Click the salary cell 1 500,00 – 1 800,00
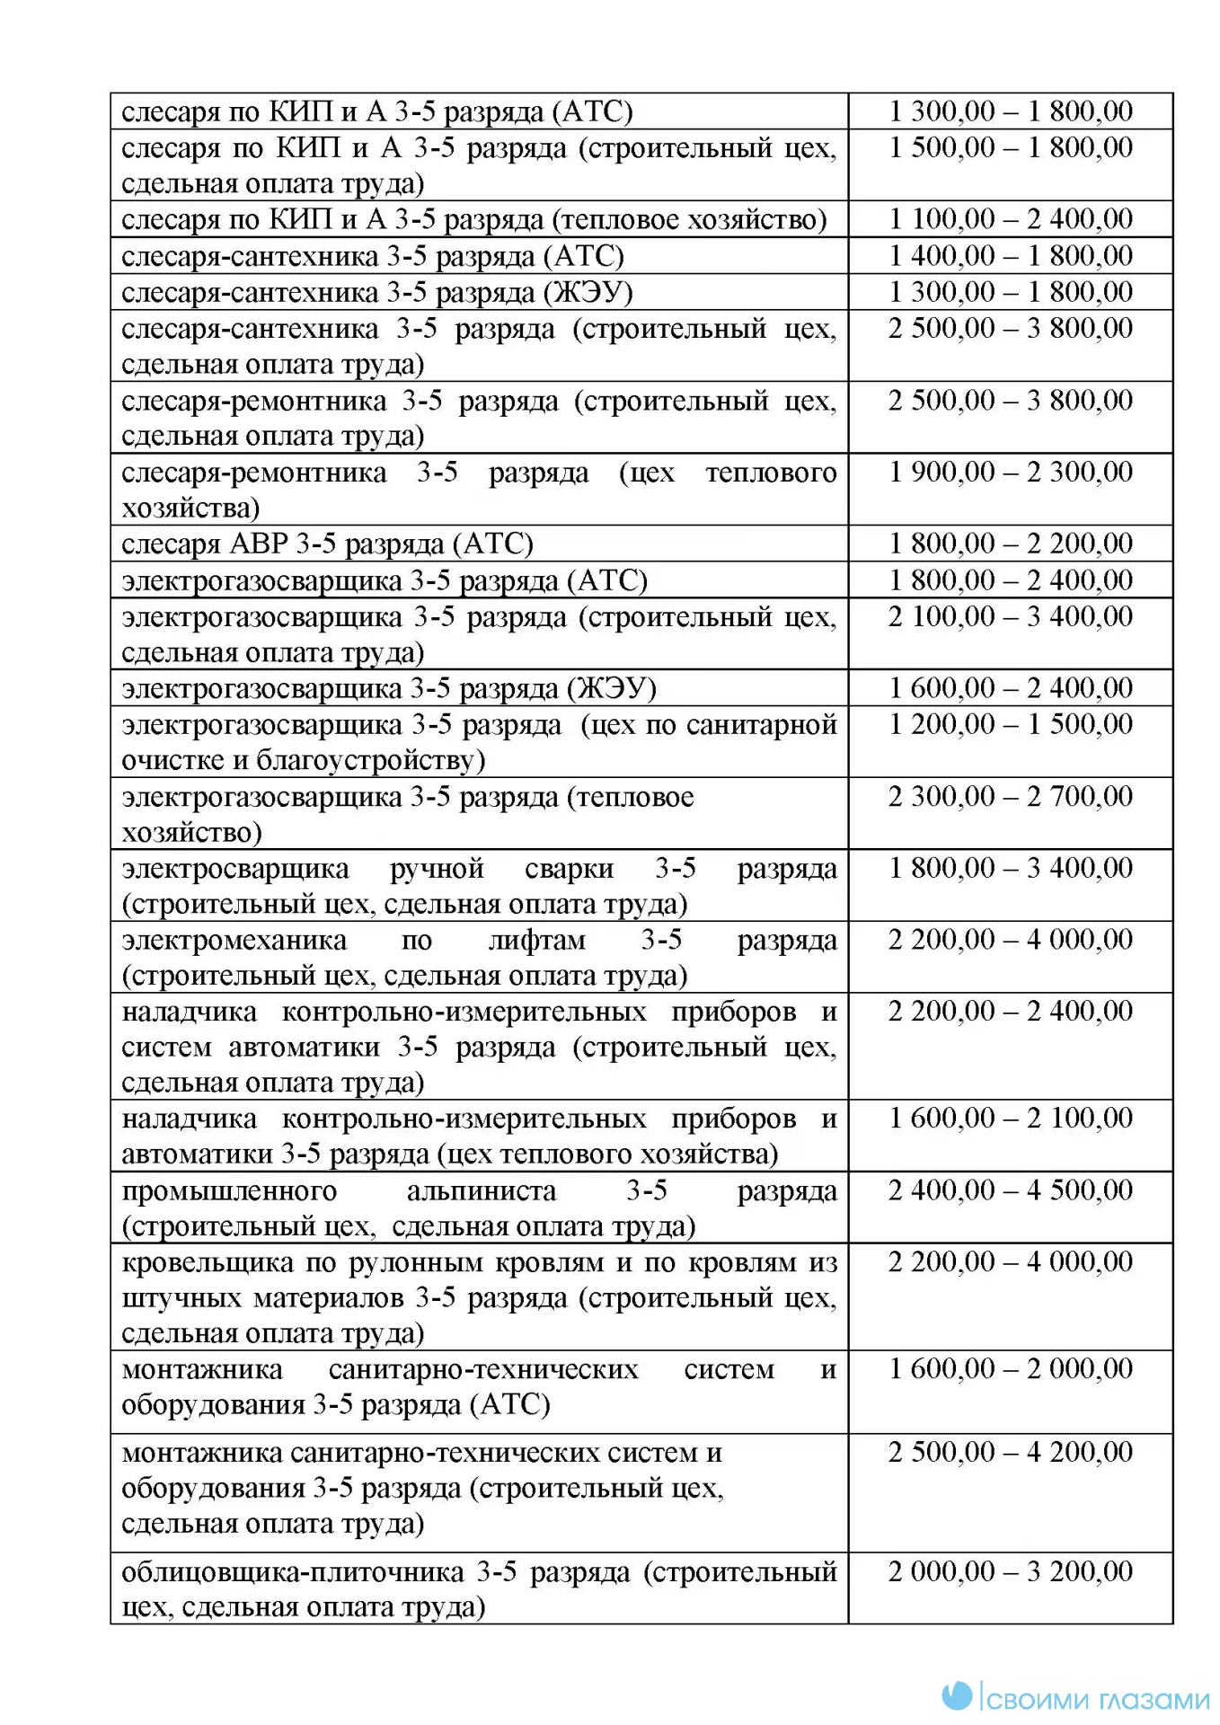tap(1011, 148)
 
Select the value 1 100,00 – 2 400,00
tap(1011, 219)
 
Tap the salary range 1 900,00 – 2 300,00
tap(1011, 473)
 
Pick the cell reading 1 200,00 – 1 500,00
tap(1011, 724)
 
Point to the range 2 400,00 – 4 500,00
tap(1011, 1190)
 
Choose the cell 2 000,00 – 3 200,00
tap(1011, 1571)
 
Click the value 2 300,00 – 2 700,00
tap(1011, 797)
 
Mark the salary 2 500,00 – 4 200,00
tap(1011, 1452)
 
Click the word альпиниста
tap(482, 1191)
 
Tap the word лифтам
tap(536, 941)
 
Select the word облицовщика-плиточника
tap(292, 1572)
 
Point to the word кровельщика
tap(208, 1262)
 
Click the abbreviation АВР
tap(260, 544)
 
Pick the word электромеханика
tap(234, 941)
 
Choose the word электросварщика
tap(235, 869)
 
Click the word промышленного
tap(229, 1191)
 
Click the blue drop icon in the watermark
tap(958, 1695)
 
